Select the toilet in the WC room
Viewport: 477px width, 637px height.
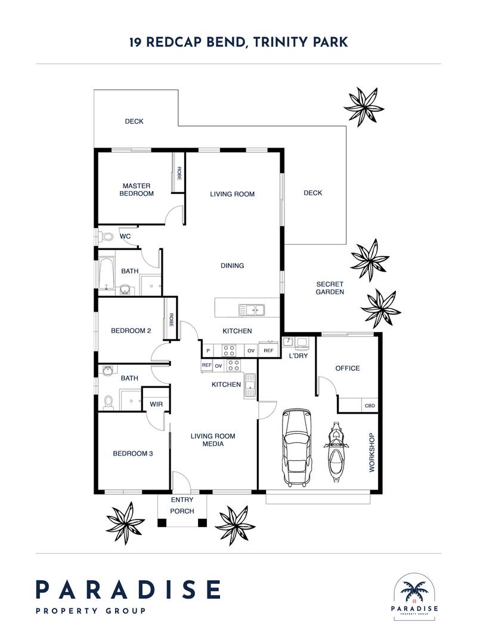107,236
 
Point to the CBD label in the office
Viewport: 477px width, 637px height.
370,405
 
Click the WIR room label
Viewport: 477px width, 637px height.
156,404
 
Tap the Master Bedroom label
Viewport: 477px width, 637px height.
137,190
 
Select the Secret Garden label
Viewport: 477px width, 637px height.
330,288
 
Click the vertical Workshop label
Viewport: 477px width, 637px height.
371,453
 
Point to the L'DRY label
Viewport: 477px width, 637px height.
298,356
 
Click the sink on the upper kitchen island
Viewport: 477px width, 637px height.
252,310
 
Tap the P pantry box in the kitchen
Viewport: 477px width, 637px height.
208,350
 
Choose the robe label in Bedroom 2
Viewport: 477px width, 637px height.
171,320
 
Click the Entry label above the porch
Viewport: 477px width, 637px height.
182,500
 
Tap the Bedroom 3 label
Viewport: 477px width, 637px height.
132,453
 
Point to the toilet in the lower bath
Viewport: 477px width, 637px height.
109,402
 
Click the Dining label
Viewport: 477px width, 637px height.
233,266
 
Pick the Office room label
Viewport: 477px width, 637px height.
348,368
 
